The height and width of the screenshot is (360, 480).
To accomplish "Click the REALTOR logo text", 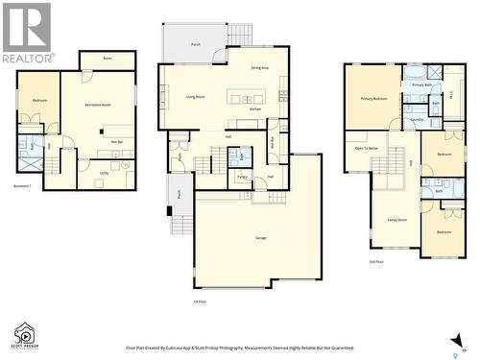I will [x=27, y=59].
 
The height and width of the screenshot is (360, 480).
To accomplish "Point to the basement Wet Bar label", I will [x=116, y=141].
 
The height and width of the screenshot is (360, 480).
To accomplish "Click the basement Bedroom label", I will [x=38, y=100].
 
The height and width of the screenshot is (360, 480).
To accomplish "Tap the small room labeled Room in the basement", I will [x=108, y=60].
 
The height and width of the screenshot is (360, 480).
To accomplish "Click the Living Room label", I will [x=197, y=97].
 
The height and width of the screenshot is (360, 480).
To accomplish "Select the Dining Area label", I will [x=260, y=68].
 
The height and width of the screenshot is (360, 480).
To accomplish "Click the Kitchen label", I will [x=255, y=109].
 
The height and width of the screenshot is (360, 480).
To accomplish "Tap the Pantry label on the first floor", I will [x=242, y=177].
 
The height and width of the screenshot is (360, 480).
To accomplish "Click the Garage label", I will [x=260, y=237].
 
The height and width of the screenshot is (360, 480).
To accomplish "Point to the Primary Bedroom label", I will [x=373, y=98].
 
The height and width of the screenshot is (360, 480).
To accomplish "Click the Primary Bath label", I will [x=422, y=85].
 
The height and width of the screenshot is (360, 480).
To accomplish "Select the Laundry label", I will [x=417, y=120].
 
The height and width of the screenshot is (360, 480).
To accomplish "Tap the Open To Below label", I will [x=368, y=148].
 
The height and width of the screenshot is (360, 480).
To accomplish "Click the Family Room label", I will [x=396, y=220].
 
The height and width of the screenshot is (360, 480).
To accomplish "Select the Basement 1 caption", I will [x=24, y=186].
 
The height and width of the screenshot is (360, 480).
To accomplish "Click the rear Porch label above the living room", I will [x=196, y=44].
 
